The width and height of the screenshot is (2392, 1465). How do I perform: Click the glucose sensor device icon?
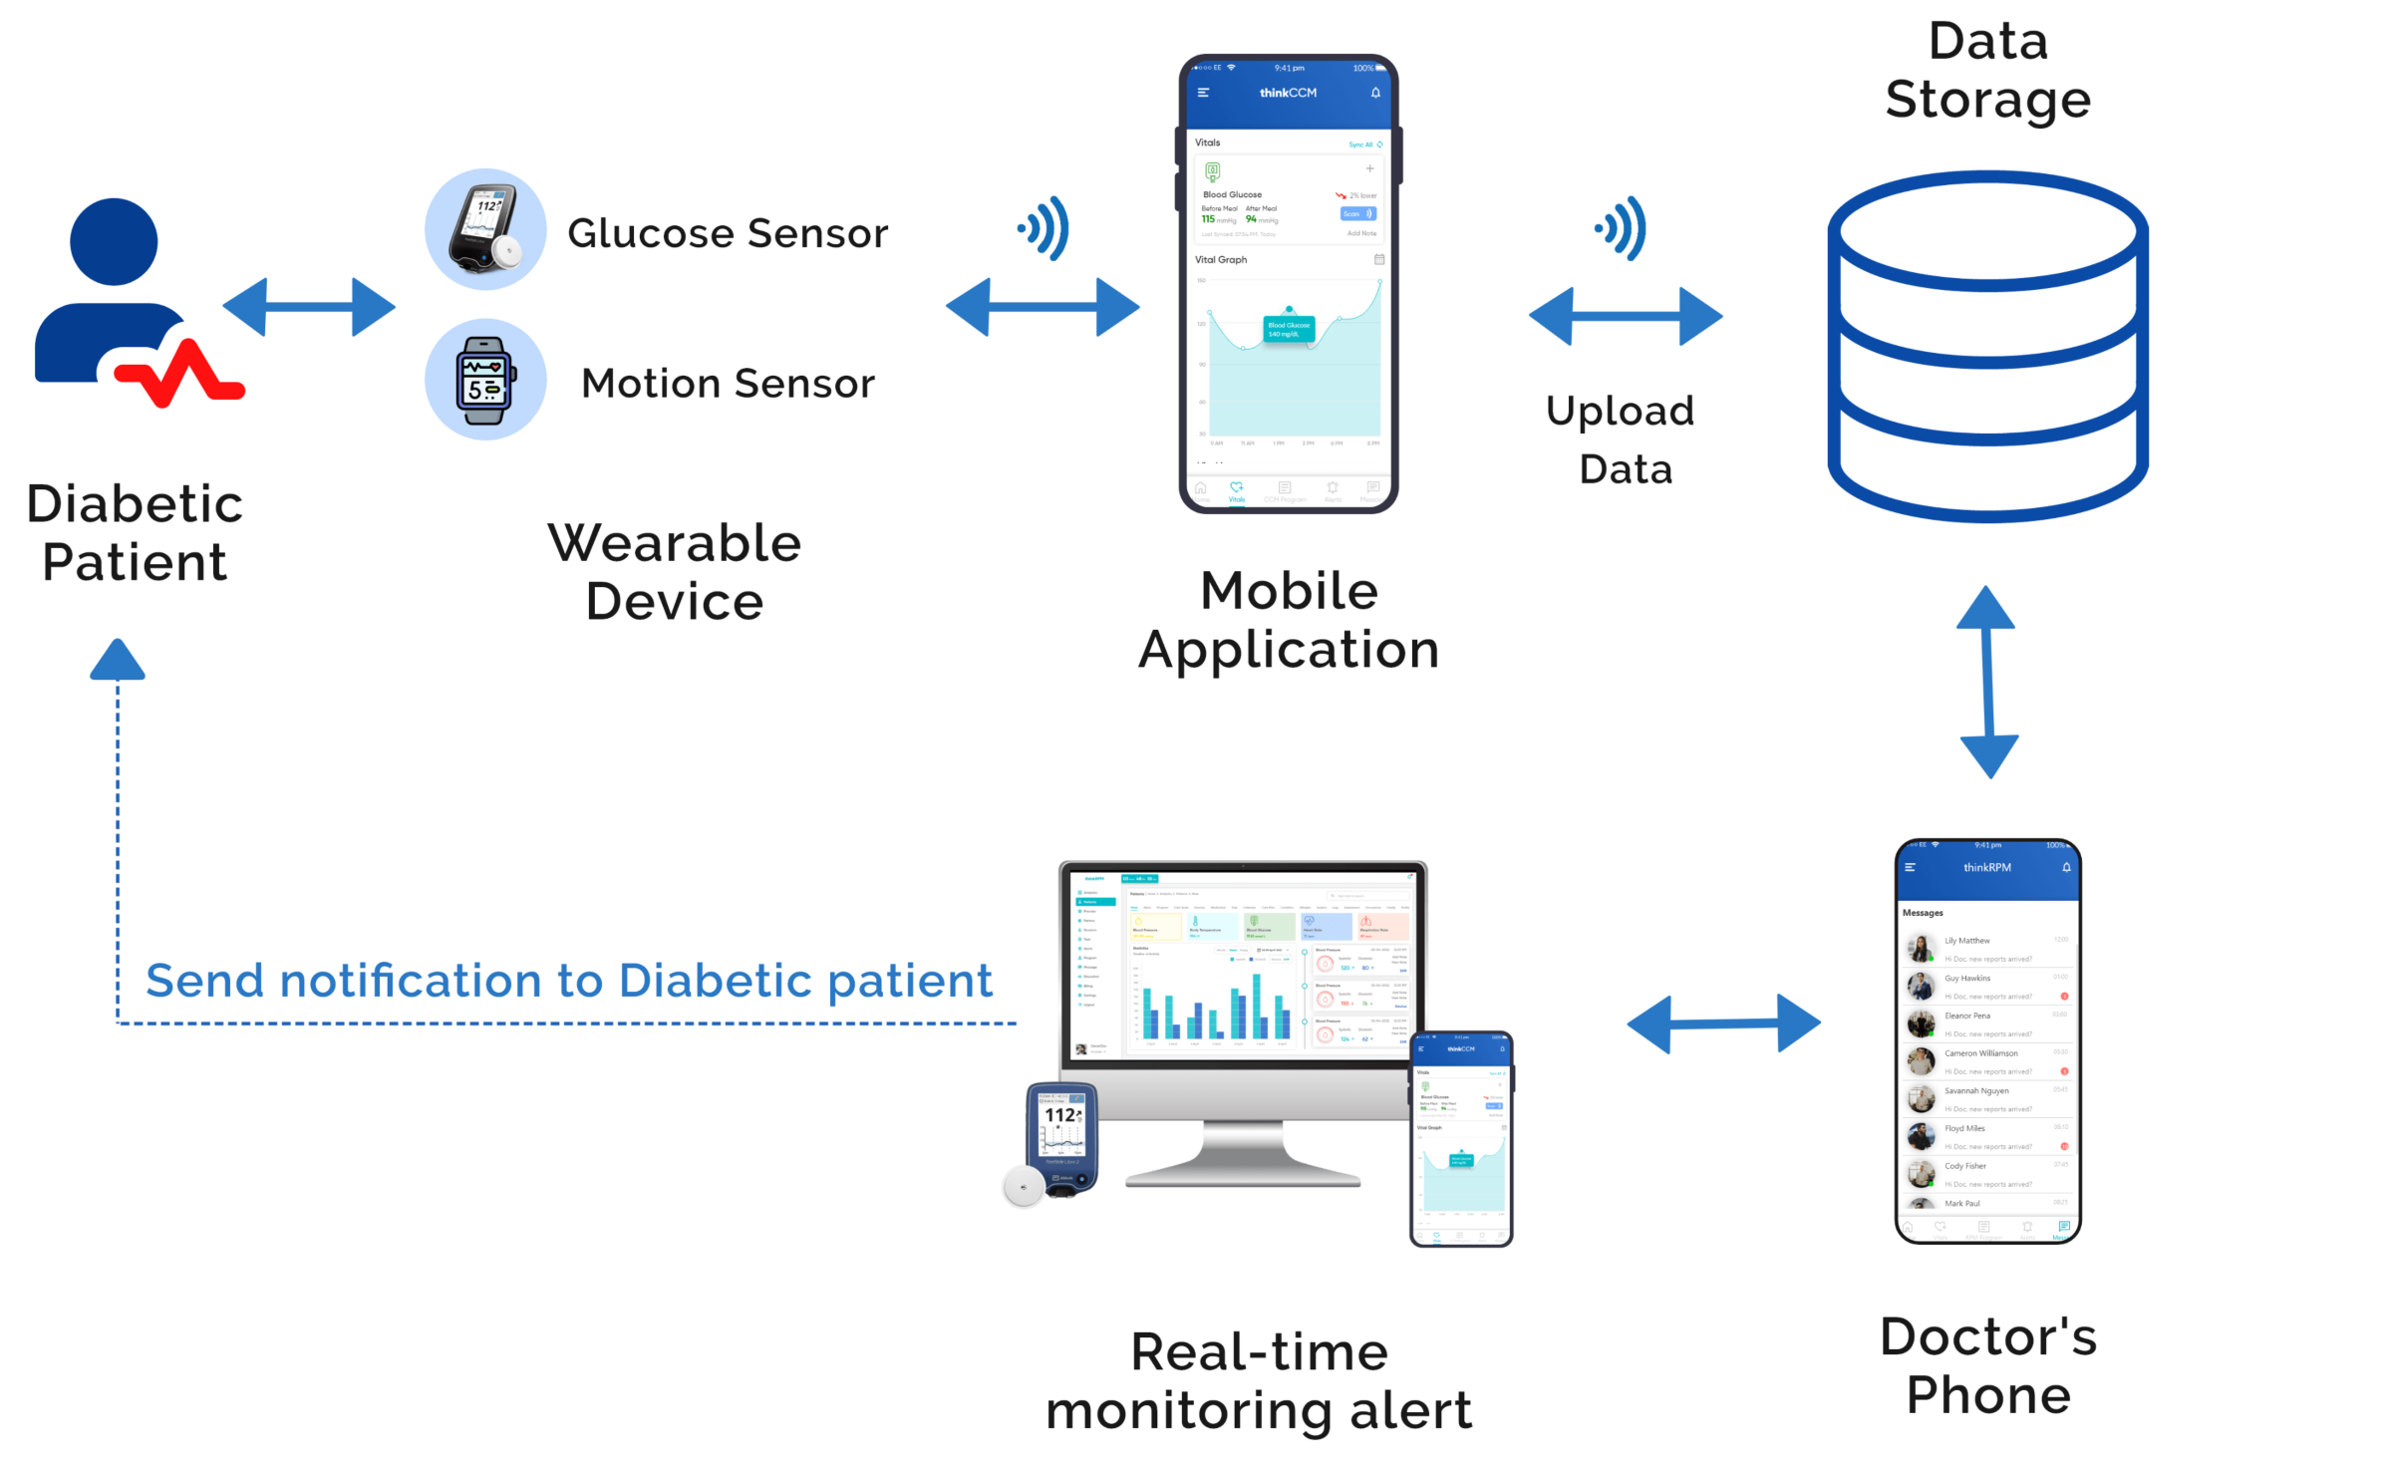pos(485,229)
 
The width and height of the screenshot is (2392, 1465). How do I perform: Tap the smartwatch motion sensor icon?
pos(485,380)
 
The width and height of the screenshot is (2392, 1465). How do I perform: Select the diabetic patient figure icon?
pos(130,299)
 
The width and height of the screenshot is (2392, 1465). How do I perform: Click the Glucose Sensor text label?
pos(728,233)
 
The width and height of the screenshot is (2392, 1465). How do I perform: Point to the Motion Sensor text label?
pos(728,384)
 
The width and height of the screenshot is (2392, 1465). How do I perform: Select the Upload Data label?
pos(1623,439)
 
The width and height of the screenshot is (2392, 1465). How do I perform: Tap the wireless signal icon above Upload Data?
pos(1623,228)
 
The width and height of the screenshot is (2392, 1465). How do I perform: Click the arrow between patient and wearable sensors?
pos(309,307)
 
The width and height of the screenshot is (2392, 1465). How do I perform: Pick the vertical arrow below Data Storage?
pos(1987,683)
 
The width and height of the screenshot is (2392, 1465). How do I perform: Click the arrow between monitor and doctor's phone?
pos(1723,1024)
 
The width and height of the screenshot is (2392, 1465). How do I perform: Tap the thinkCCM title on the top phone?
pos(1288,93)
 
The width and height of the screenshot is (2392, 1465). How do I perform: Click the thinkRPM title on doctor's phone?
pos(1986,868)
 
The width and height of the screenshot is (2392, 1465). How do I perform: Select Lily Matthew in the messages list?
pos(1967,941)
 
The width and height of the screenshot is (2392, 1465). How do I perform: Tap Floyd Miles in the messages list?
pos(1964,1129)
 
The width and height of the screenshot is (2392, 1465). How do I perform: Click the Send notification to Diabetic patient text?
pos(569,982)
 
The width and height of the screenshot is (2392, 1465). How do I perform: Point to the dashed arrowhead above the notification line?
pos(118,660)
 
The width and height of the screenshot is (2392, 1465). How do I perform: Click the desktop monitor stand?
pos(1243,1156)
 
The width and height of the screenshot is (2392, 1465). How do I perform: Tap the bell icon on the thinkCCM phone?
pos(1375,93)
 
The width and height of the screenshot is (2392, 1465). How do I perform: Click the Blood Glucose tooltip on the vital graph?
pos(1289,329)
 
